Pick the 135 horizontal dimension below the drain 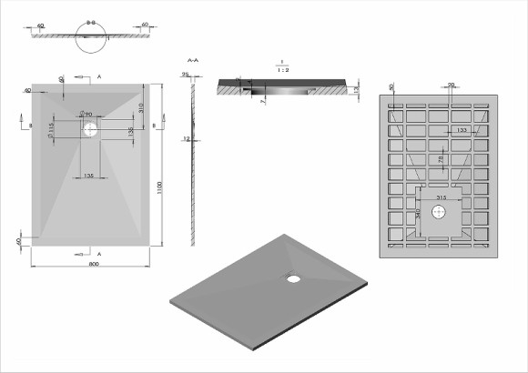point(89,174)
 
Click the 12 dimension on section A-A point(185,139)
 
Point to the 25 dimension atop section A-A point(185,76)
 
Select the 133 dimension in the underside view point(462,132)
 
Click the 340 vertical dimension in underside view point(418,215)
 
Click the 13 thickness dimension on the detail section point(355,89)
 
